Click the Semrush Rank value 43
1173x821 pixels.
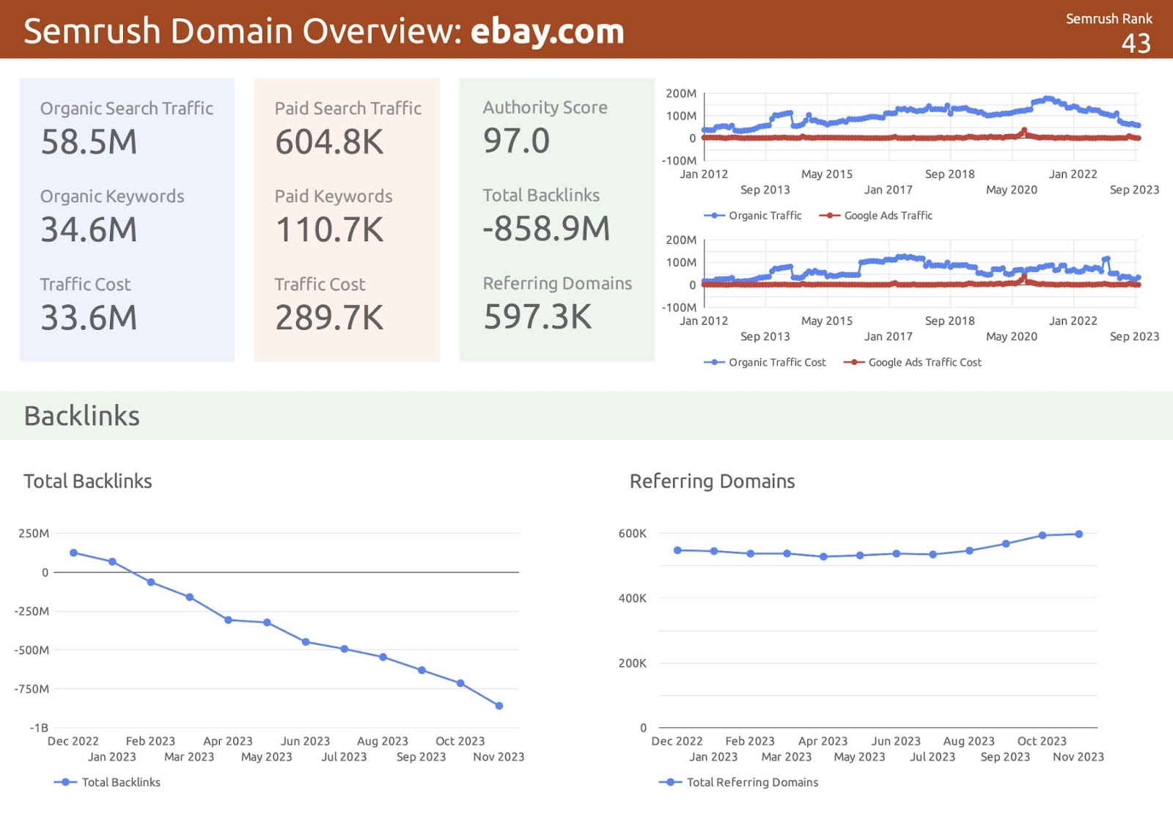tap(1136, 44)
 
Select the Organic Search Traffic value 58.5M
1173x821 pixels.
tap(89, 142)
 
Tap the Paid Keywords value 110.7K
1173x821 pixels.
tap(329, 230)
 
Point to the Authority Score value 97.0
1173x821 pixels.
tap(516, 141)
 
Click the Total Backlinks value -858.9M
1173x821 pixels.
tap(546, 229)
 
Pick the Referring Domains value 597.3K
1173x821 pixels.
tap(537, 317)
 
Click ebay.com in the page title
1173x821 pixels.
tap(547, 32)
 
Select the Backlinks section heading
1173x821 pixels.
tap(82, 416)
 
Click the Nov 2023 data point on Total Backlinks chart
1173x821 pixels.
tap(499, 706)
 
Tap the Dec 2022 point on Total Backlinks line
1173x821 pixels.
tap(73, 553)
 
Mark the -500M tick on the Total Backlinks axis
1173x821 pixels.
tap(32, 650)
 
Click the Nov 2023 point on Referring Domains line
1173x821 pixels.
tap(1079, 534)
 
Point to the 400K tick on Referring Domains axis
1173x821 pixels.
tap(632, 598)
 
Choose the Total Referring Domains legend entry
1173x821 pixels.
tap(752, 782)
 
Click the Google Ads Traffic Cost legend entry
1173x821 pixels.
tap(924, 362)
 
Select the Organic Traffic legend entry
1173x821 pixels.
tap(765, 216)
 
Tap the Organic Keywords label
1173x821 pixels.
tap(112, 196)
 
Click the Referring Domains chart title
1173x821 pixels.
tap(712, 482)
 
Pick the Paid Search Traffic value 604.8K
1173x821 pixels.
tap(329, 142)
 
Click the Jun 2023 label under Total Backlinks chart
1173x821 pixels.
tap(305, 741)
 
